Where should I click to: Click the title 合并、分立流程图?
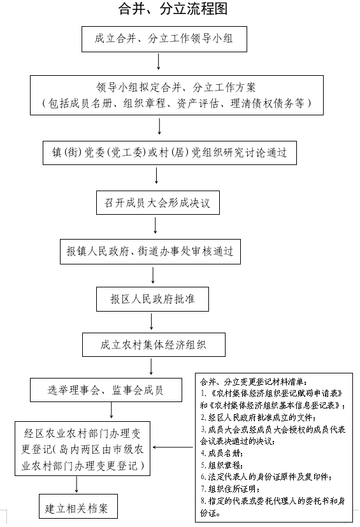point(173,9)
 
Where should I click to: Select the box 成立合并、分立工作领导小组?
point(164,39)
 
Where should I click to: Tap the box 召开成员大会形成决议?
point(158,203)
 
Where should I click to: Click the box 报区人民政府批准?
point(153,299)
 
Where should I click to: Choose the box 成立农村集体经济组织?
point(154,345)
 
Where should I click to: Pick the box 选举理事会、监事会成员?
point(106,390)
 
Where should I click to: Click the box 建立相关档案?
point(78,506)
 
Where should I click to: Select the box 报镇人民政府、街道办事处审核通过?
point(150,252)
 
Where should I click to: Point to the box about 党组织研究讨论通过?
point(169,153)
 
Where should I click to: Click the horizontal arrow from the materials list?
point(173,447)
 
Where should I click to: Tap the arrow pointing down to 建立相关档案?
point(76,485)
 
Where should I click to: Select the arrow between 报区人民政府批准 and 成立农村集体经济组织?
point(152,322)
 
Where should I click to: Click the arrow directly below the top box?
point(158,61)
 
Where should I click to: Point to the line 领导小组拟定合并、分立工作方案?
point(176,88)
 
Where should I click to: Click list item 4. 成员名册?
point(222,453)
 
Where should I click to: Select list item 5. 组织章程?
point(222,465)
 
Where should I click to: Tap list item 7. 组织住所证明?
point(230,489)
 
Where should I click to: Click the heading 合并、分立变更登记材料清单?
point(254,382)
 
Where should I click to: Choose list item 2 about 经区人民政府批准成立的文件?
point(258,417)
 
